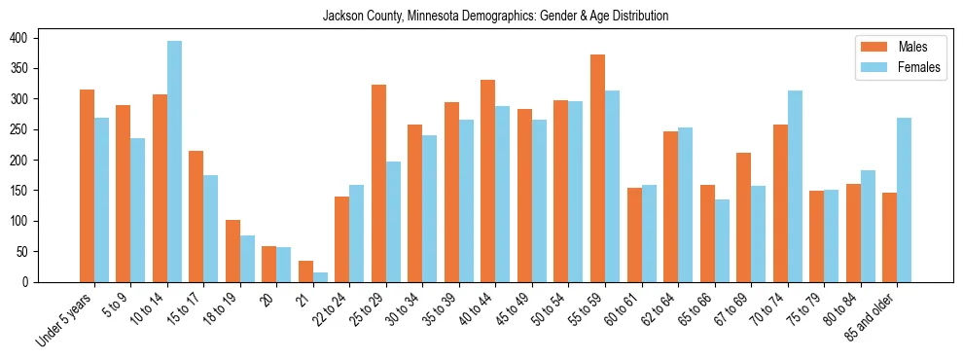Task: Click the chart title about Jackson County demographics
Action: coord(481,17)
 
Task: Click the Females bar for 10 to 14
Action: coord(174,162)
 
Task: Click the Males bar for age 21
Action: coord(305,271)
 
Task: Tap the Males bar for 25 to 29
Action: coord(378,184)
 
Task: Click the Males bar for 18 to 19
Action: coord(232,251)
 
